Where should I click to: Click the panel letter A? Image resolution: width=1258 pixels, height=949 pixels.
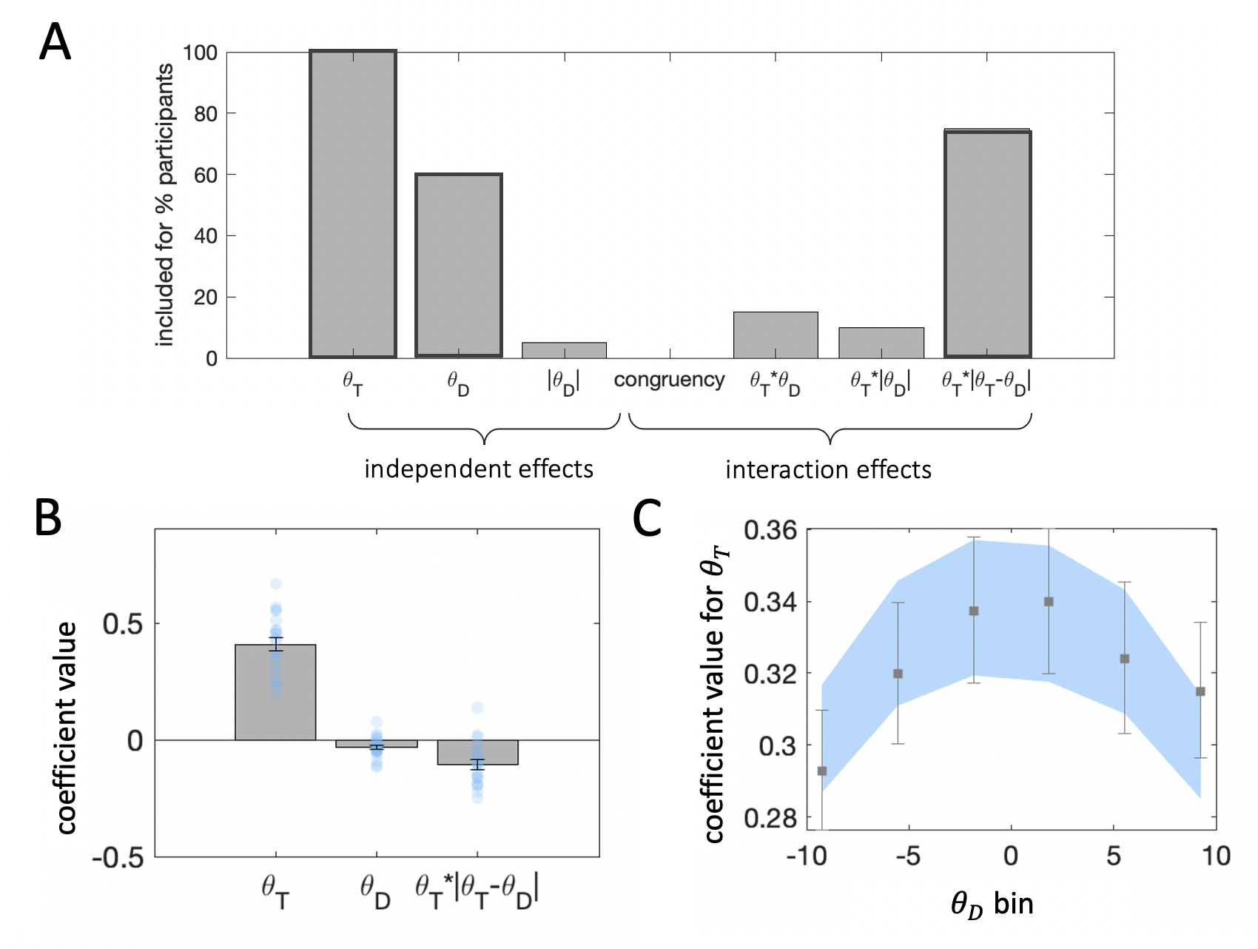click(55, 42)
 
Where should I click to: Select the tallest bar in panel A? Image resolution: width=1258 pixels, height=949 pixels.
click(353, 204)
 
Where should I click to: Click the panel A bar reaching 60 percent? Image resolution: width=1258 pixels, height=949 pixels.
click(459, 266)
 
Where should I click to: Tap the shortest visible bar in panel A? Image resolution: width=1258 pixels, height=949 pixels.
click(564, 350)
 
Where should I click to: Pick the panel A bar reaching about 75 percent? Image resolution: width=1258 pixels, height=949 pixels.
click(987, 244)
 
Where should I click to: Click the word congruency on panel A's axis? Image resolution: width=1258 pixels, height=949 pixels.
click(669, 380)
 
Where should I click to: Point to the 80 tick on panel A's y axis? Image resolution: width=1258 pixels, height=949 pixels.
click(206, 114)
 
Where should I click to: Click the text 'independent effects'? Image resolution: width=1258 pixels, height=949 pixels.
click(479, 469)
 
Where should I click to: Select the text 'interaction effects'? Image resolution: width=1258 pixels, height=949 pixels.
click(828, 470)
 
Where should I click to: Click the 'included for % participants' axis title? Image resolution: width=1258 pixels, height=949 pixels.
click(165, 204)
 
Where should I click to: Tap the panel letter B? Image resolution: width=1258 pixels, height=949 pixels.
click(48, 517)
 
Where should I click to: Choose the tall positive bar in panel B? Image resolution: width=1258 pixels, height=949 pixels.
click(275, 692)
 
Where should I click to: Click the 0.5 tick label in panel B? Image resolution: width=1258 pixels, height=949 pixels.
click(123, 624)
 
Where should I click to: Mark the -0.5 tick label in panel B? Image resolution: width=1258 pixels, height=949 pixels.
click(118, 858)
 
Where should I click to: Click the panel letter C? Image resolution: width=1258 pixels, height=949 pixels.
click(647, 518)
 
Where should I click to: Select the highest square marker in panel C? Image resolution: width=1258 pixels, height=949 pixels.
click(1049, 602)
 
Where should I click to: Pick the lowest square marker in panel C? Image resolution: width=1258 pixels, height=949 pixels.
click(821, 771)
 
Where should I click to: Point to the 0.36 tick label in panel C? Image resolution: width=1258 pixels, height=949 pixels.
click(770, 531)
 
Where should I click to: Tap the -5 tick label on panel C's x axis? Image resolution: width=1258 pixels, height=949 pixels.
click(907, 856)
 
